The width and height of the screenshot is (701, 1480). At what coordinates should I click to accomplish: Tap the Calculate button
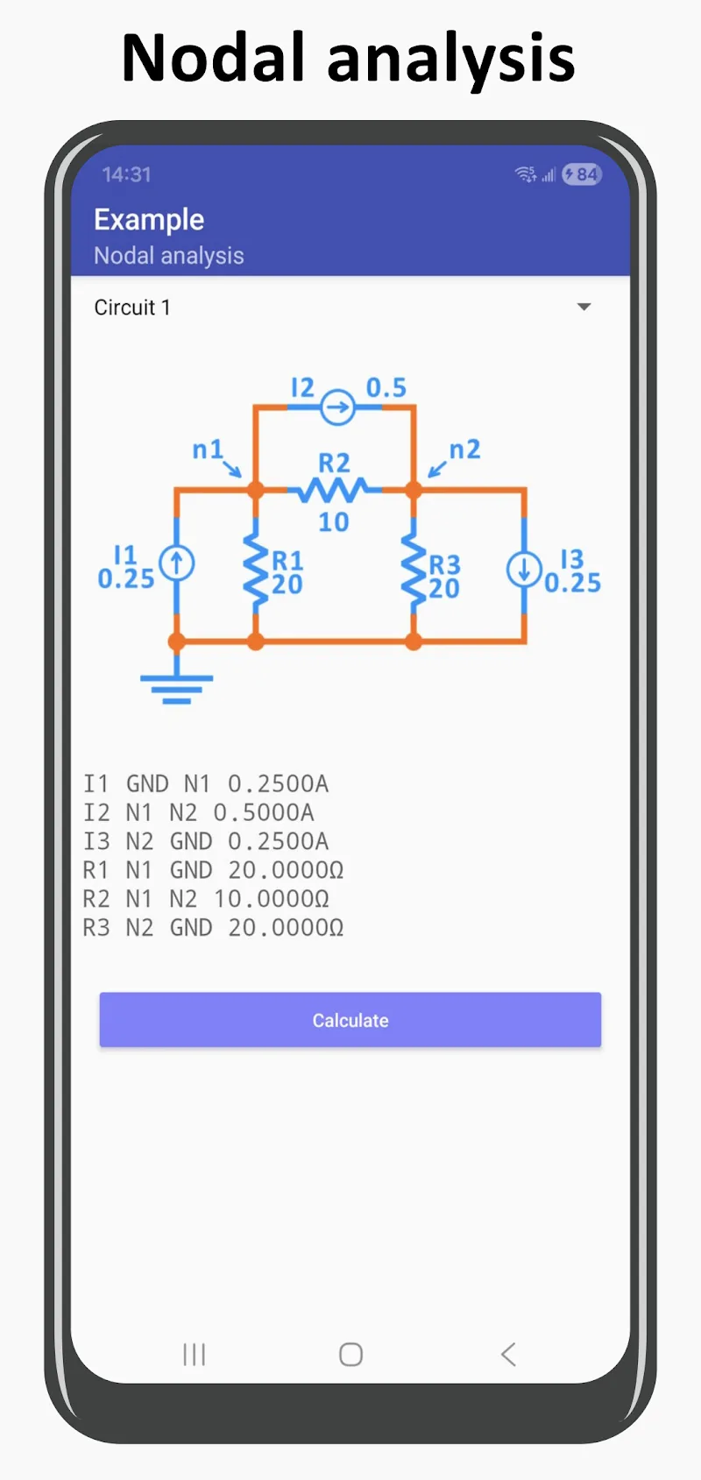coord(350,1020)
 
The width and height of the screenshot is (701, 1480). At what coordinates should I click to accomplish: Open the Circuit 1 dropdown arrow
coord(584,307)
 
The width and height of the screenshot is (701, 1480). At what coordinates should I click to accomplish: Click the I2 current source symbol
coord(336,407)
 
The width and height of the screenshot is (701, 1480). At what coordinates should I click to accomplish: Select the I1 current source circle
coord(177,563)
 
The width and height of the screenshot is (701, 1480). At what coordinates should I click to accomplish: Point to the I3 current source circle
coord(524,570)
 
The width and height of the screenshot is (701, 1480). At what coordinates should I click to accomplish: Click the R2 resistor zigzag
coord(333,490)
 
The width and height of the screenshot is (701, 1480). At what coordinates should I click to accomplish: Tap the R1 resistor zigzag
coord(256,570)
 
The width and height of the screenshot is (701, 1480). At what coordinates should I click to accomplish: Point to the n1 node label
coord(208,450)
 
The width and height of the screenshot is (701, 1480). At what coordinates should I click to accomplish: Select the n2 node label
coord(464,450)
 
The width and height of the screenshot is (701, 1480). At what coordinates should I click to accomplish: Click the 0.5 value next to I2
coord(386,387)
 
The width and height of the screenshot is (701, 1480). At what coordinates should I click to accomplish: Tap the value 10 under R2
coord(333,522)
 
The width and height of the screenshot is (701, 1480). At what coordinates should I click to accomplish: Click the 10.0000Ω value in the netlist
coord(272,899)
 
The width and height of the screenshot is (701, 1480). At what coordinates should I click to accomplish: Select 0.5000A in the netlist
coord(264,812)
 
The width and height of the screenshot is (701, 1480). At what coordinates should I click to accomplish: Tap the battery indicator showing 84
coord(582,174)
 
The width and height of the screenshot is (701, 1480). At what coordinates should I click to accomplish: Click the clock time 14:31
coord(126,174)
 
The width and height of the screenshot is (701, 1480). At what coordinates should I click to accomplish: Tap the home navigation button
coord(350,1355)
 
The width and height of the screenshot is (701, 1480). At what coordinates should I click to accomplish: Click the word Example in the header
coord(149,219)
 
